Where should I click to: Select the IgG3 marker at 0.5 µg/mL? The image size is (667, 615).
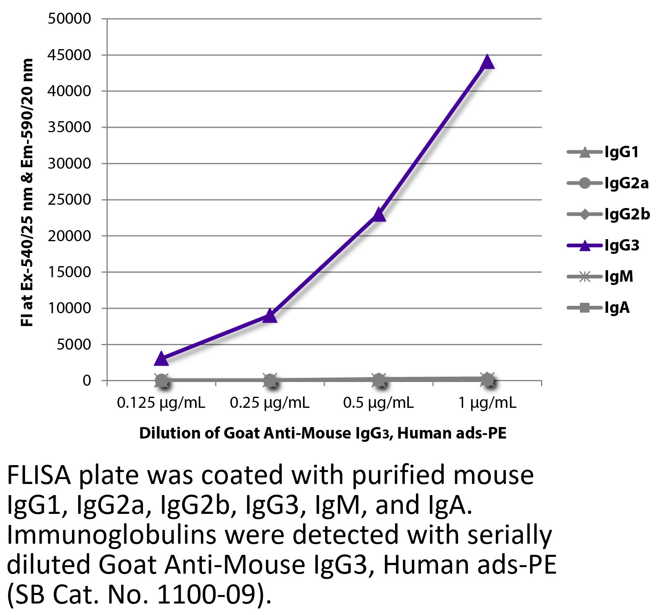(x=379, y=214)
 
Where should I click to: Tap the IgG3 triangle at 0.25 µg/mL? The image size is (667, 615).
(x=270, y=315)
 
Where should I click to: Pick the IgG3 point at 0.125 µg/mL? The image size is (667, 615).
(x=162, y=359)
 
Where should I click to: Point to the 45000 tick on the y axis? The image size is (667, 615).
(x=69, y=55)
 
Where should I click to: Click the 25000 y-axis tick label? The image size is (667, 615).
(x=69, y=200)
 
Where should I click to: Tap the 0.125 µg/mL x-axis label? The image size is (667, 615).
(x=161, y=403)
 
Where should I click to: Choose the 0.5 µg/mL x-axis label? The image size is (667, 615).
(x=379, y=403)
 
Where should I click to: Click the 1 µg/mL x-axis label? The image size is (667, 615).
(x=487, y=403)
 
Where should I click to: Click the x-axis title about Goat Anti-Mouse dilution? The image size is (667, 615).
(x=323, y=433)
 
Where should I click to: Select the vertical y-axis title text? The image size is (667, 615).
(x=27, y=192)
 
